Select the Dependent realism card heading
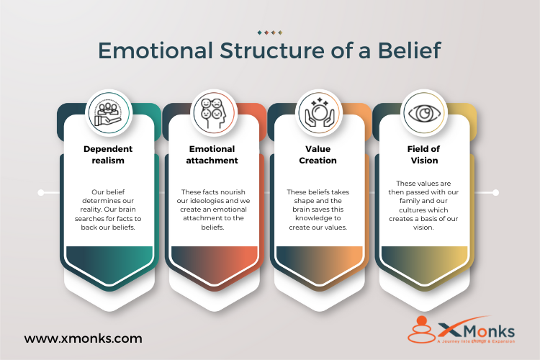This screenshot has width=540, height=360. [x=108, y=155]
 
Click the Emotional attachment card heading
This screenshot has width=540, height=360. [x=213, y=155]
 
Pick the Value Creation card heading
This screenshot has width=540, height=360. [x=318, y=155]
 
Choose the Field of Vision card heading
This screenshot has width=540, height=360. [x=423, y=155]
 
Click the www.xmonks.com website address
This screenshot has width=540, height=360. [x=83, y=338]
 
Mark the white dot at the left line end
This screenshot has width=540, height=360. [x=41, y=192]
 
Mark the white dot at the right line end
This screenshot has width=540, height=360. [x=496, y=192]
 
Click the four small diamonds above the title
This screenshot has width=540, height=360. [x=270, y=32]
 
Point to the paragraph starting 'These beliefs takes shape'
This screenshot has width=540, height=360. [x=318, y=210]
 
